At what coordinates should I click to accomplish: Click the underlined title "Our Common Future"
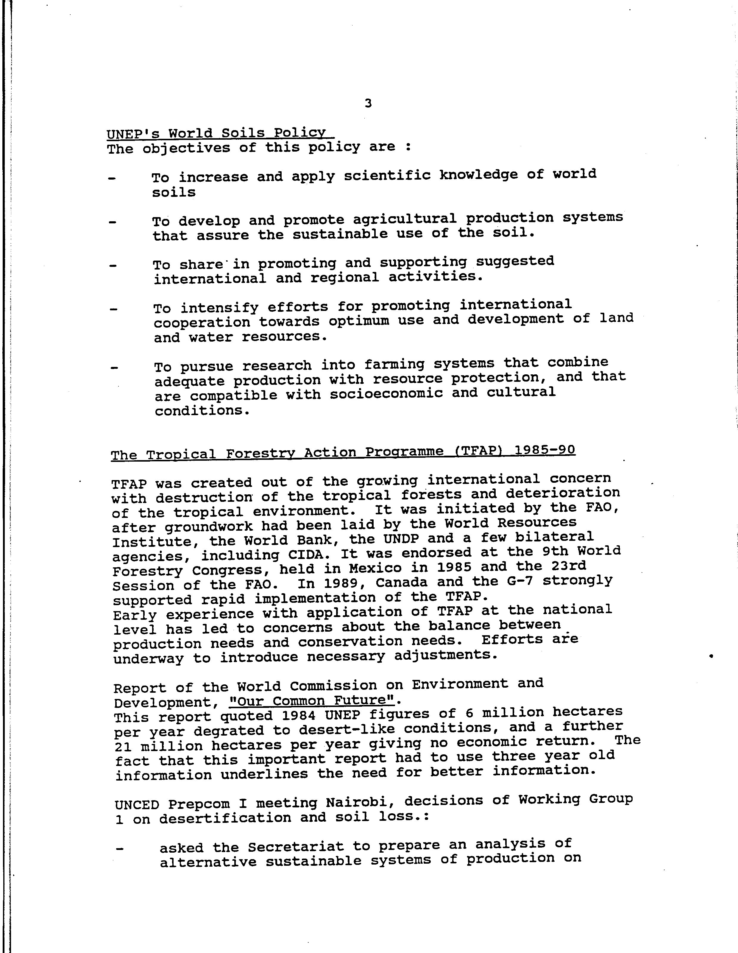pos(311,701)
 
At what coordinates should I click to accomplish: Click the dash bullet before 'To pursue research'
pos(114,368)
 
